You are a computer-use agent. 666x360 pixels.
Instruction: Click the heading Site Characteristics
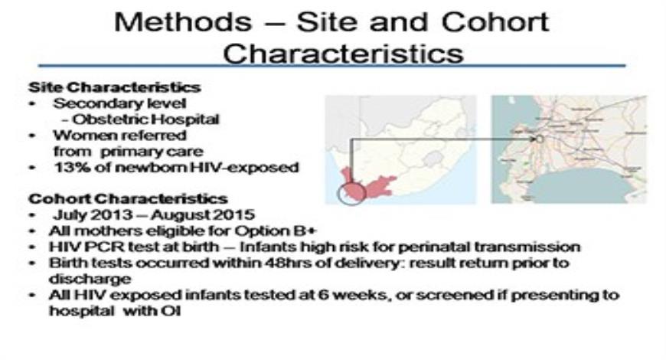coord(114,87)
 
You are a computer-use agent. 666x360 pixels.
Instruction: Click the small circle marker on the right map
coord(539,140)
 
